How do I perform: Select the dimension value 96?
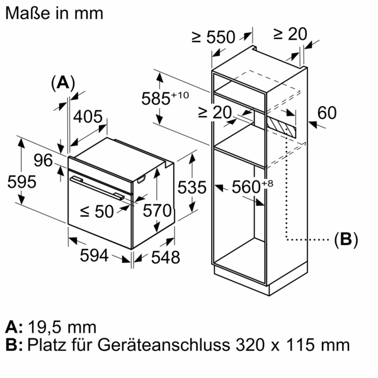click(43, 160)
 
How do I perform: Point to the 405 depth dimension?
click(89, 117)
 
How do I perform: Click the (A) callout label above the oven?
click(62, 83)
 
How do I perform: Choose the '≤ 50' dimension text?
click(97, 212)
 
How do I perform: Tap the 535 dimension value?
click(192, 187)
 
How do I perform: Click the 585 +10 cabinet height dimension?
click(166, 98)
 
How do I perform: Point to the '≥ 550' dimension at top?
click(214, 37)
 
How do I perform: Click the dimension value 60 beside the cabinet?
click(327, 113)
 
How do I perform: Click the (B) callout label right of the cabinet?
click(345, 239)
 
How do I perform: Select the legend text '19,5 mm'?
click(63, 327)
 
